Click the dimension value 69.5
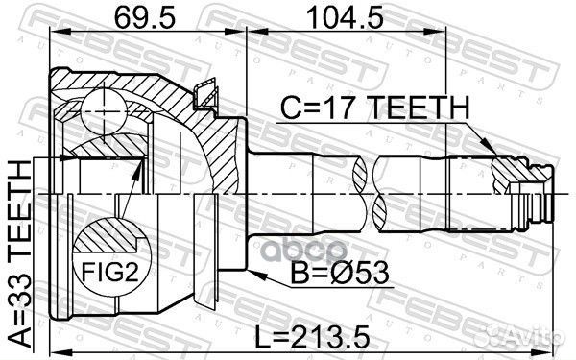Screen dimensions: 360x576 pyautogui.click(x=143, y=16)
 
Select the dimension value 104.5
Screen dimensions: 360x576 pyautogui.click(x=339, y=16)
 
